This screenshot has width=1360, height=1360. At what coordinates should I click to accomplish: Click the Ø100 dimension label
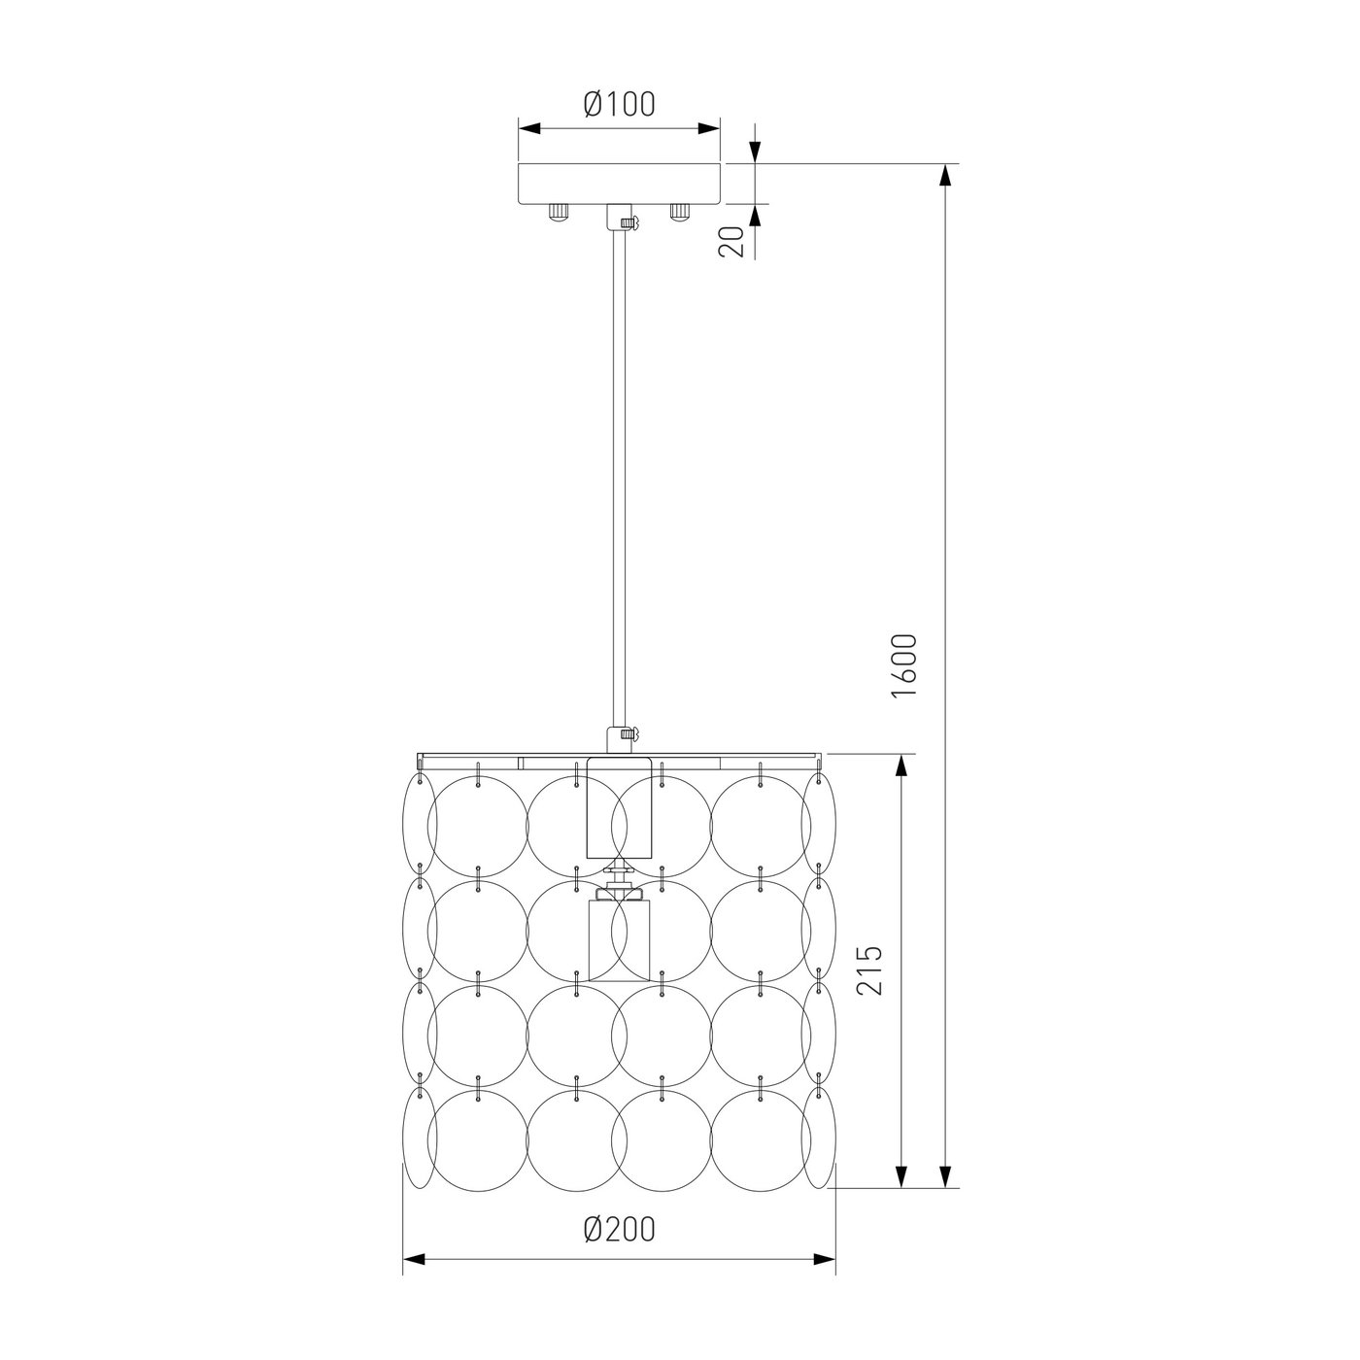pos(620,105)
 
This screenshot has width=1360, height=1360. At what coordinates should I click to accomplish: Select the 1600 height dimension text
pos(903,666)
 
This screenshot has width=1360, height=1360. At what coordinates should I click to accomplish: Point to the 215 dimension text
pos(868,970)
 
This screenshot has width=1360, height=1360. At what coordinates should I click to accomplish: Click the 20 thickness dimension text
pos(731,242)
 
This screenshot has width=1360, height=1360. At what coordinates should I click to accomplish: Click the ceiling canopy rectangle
pos(619,185)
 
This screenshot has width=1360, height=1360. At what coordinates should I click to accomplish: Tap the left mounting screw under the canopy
pos(559,212)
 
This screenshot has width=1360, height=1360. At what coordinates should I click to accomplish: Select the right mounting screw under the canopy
pos(680,212)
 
